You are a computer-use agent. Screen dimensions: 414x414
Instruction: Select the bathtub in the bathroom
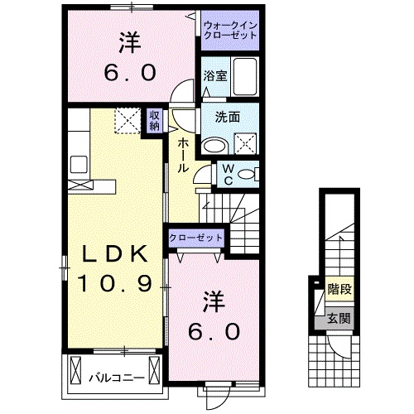[245, 77]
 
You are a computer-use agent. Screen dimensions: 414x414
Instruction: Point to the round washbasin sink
[214, 146]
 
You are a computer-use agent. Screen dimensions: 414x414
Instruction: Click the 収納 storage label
[155, 121]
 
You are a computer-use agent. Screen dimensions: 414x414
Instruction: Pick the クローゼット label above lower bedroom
[196, 238]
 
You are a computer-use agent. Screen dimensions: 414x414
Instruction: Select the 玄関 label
[338, 317]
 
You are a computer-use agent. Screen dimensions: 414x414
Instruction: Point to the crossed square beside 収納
[126, 122]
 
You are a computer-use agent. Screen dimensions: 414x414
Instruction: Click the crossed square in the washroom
[246, 146]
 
